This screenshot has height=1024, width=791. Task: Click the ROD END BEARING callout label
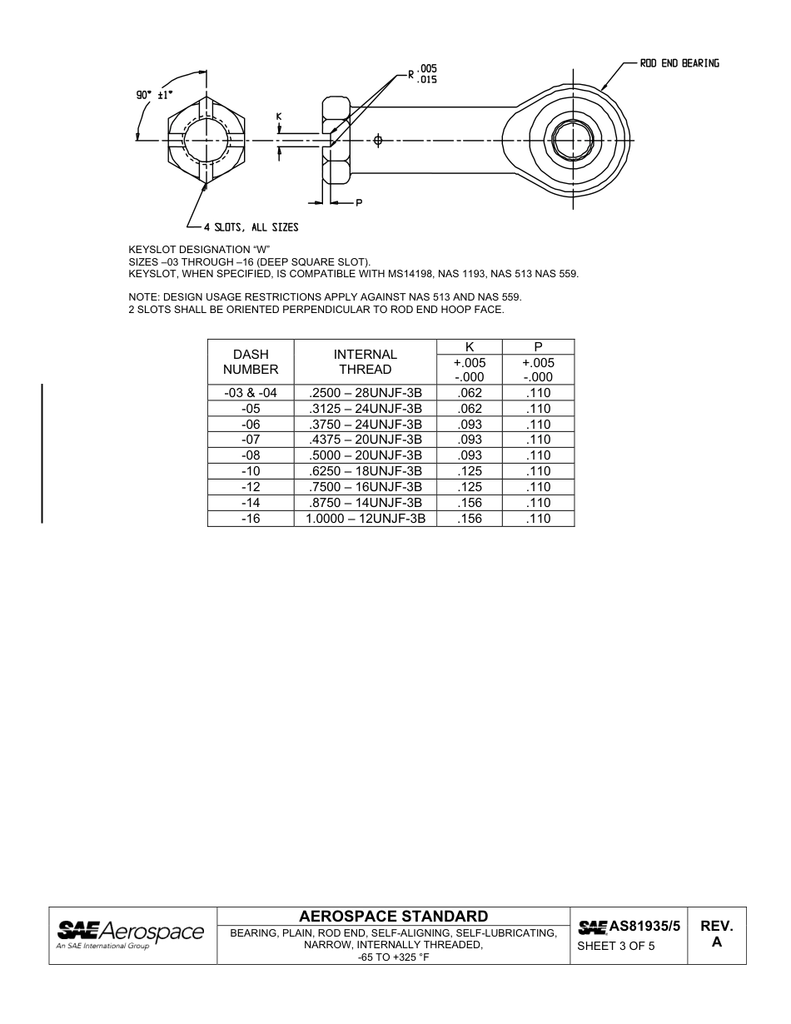click(x=679, y=63)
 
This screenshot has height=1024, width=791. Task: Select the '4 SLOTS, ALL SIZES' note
click(x=251, y=227)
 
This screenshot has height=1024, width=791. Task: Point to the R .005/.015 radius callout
click(x=422, y=74)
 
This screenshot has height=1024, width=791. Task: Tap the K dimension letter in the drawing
click(x=279, y=117)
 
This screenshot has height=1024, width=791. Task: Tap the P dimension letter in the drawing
click(x=359, y=202)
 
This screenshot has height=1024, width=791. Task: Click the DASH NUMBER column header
click(x=251, y=361)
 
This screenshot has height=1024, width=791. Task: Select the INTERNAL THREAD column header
click(x=365, y=361)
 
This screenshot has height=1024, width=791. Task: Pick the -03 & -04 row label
click(x=251, y=393)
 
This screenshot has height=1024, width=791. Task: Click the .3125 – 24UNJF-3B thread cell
click(x=365, y=409)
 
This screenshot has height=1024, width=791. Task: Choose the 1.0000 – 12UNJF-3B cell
click(x=365, y=518)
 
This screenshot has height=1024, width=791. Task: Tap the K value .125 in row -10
click(x=470, y=471)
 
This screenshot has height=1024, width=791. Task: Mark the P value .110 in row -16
click(x=539, y=518)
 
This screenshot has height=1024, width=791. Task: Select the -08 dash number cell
click(x=251, y=455)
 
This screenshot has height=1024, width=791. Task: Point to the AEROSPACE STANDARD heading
click(x=393, y=917)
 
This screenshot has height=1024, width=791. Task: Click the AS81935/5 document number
click(x=644, y=926)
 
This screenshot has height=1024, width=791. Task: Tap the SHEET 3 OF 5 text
click(x=616, y=946)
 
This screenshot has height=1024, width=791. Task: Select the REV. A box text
click(x=716, y=934)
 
